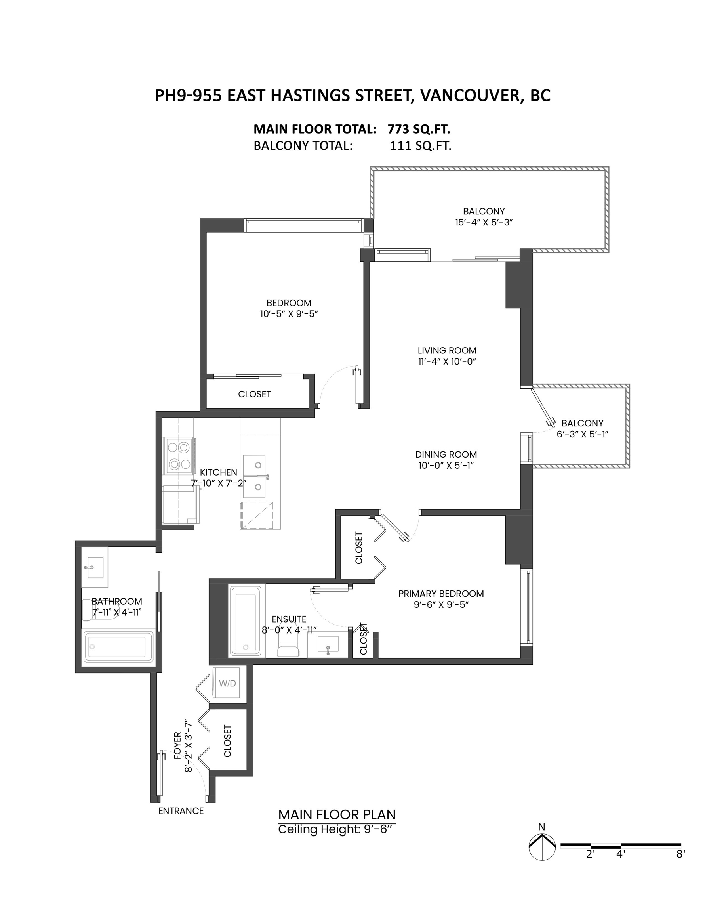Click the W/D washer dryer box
(x=226, y=683)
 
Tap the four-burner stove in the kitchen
(x=179, y=456)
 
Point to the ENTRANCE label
(x=181, y=811)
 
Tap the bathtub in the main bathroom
(x=119, y=646)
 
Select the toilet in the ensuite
(x=288, y=646)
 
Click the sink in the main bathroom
(x=95, y=567)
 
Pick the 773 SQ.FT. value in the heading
(x=419, y=129)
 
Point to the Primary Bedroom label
(x=441, y=594)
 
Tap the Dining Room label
(x=446, y=455)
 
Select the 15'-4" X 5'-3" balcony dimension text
(x=484, y=222)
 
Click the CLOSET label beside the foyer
(x=227, y=741)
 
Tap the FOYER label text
(x=177, y=745)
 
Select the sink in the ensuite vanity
(x=328, y=644)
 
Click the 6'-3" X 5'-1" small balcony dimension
(x=582, y=434)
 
